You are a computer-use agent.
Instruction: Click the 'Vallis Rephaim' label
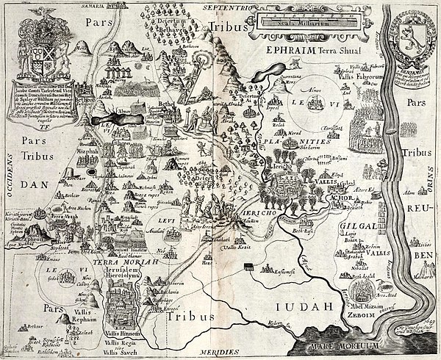(70, 306)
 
